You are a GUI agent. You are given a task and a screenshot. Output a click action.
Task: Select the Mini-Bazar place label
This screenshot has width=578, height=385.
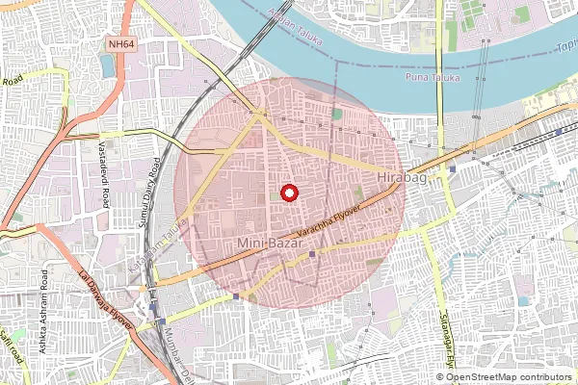coord(267,245)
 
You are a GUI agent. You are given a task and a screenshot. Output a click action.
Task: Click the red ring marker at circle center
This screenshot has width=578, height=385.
coord(289,193)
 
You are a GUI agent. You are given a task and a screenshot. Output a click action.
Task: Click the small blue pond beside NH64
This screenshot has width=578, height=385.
coord(106,65)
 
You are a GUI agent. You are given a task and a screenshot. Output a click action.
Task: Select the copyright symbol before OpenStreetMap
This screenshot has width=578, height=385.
coord(440,376)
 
